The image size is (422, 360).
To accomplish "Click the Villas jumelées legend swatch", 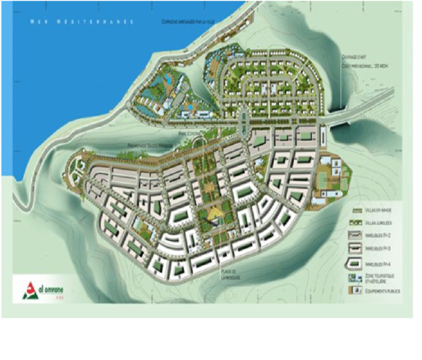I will point(356,222).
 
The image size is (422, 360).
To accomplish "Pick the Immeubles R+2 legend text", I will point(382,235).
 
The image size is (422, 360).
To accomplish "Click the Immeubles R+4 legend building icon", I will point(356,262).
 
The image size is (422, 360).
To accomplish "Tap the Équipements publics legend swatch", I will point(356,291).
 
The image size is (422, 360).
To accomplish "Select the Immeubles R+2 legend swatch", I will point(356,235).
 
